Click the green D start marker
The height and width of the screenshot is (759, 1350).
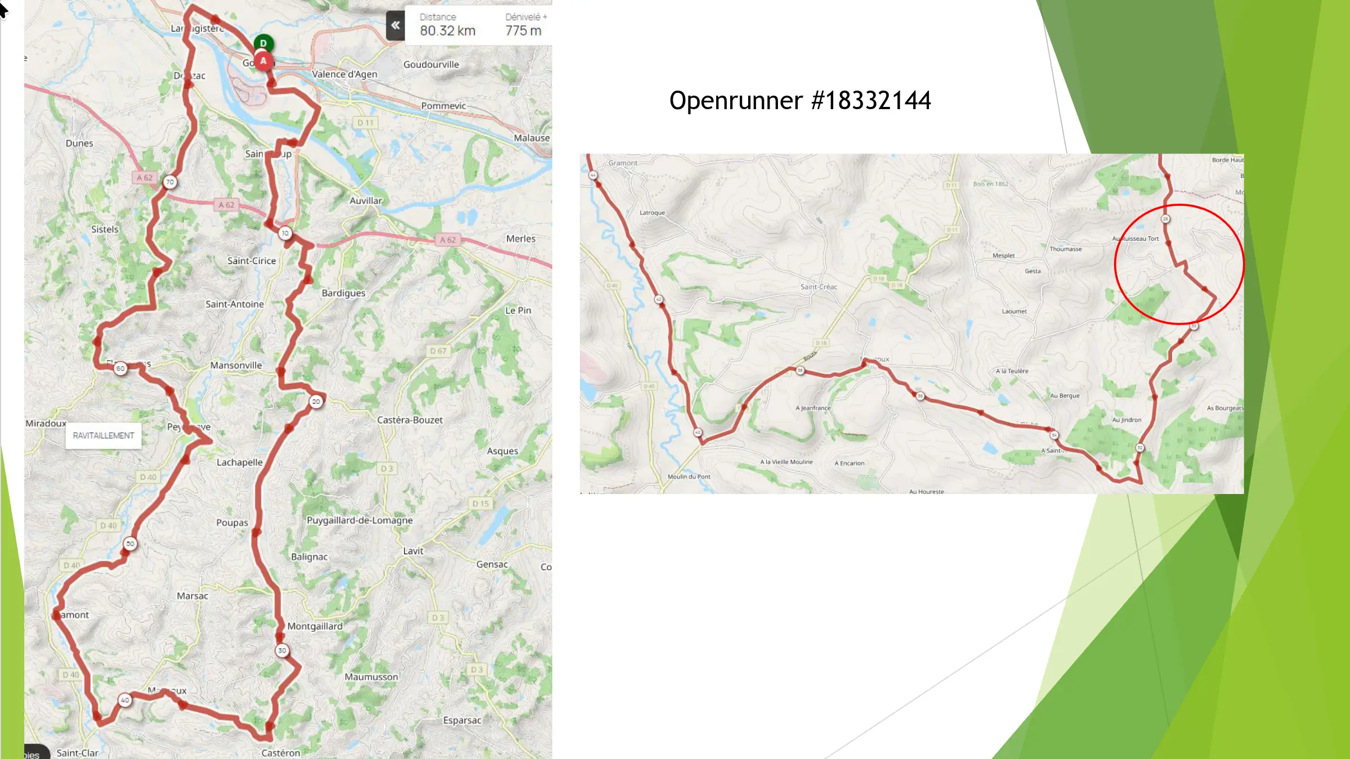[x=263, y=43]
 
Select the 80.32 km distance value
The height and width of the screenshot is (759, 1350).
[x=448, y=31]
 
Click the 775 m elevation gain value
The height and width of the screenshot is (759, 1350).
[x=523, y=31]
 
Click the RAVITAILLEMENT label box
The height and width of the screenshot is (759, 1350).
[x=104, y=435]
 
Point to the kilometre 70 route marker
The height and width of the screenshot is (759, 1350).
[x=170, y=182]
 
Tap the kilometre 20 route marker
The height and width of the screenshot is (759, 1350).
[x=316, y=402]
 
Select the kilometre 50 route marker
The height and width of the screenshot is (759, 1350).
[x=130, y=544]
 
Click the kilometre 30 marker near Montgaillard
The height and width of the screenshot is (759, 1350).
[x=282, y=650]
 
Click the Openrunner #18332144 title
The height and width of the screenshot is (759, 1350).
[x=799, y=101]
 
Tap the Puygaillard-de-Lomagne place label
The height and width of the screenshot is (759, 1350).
[x=359, y=520]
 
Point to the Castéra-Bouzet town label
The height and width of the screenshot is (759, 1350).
[x=409, y=420]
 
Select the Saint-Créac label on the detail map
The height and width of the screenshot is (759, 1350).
[x=819, y=287]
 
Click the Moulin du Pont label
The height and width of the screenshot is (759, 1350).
[x=689, y=477]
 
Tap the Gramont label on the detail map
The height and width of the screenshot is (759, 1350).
[x=623, y=163]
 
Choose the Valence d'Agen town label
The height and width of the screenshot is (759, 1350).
[x=345, y=74]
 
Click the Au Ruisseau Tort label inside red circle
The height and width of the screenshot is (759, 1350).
[x=1136, y=239]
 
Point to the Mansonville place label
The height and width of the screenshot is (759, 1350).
[x=236, y=365]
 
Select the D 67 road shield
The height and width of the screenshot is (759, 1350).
[x=438, y=351]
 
